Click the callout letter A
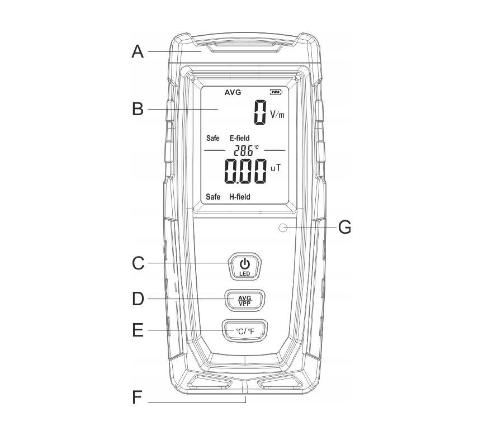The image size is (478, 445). click(x=138, y=52)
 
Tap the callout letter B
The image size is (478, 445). click(x=138, y=108)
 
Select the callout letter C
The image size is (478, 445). click(x=138, y=263)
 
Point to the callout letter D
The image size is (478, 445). click(x=138, y=299)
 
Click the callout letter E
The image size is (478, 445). click(x=138, y=330)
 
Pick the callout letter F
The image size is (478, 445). click(x=138, y=398)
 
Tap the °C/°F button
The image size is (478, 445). click(x=244, y=331)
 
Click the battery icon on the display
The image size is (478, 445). click(x=276, y=92)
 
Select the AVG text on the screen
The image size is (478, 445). click(x=233, y=92)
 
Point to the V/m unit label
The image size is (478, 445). click(x=277, y=115)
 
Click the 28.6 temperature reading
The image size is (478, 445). click(x=244, y=150)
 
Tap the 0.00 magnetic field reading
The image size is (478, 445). click(x=245, y=171)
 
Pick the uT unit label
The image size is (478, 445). click(x=276, y=167)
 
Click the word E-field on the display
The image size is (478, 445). click(x=239, y=138)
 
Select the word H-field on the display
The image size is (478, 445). click(x=239, y=197)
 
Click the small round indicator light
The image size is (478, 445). click(x=283, y=228)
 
